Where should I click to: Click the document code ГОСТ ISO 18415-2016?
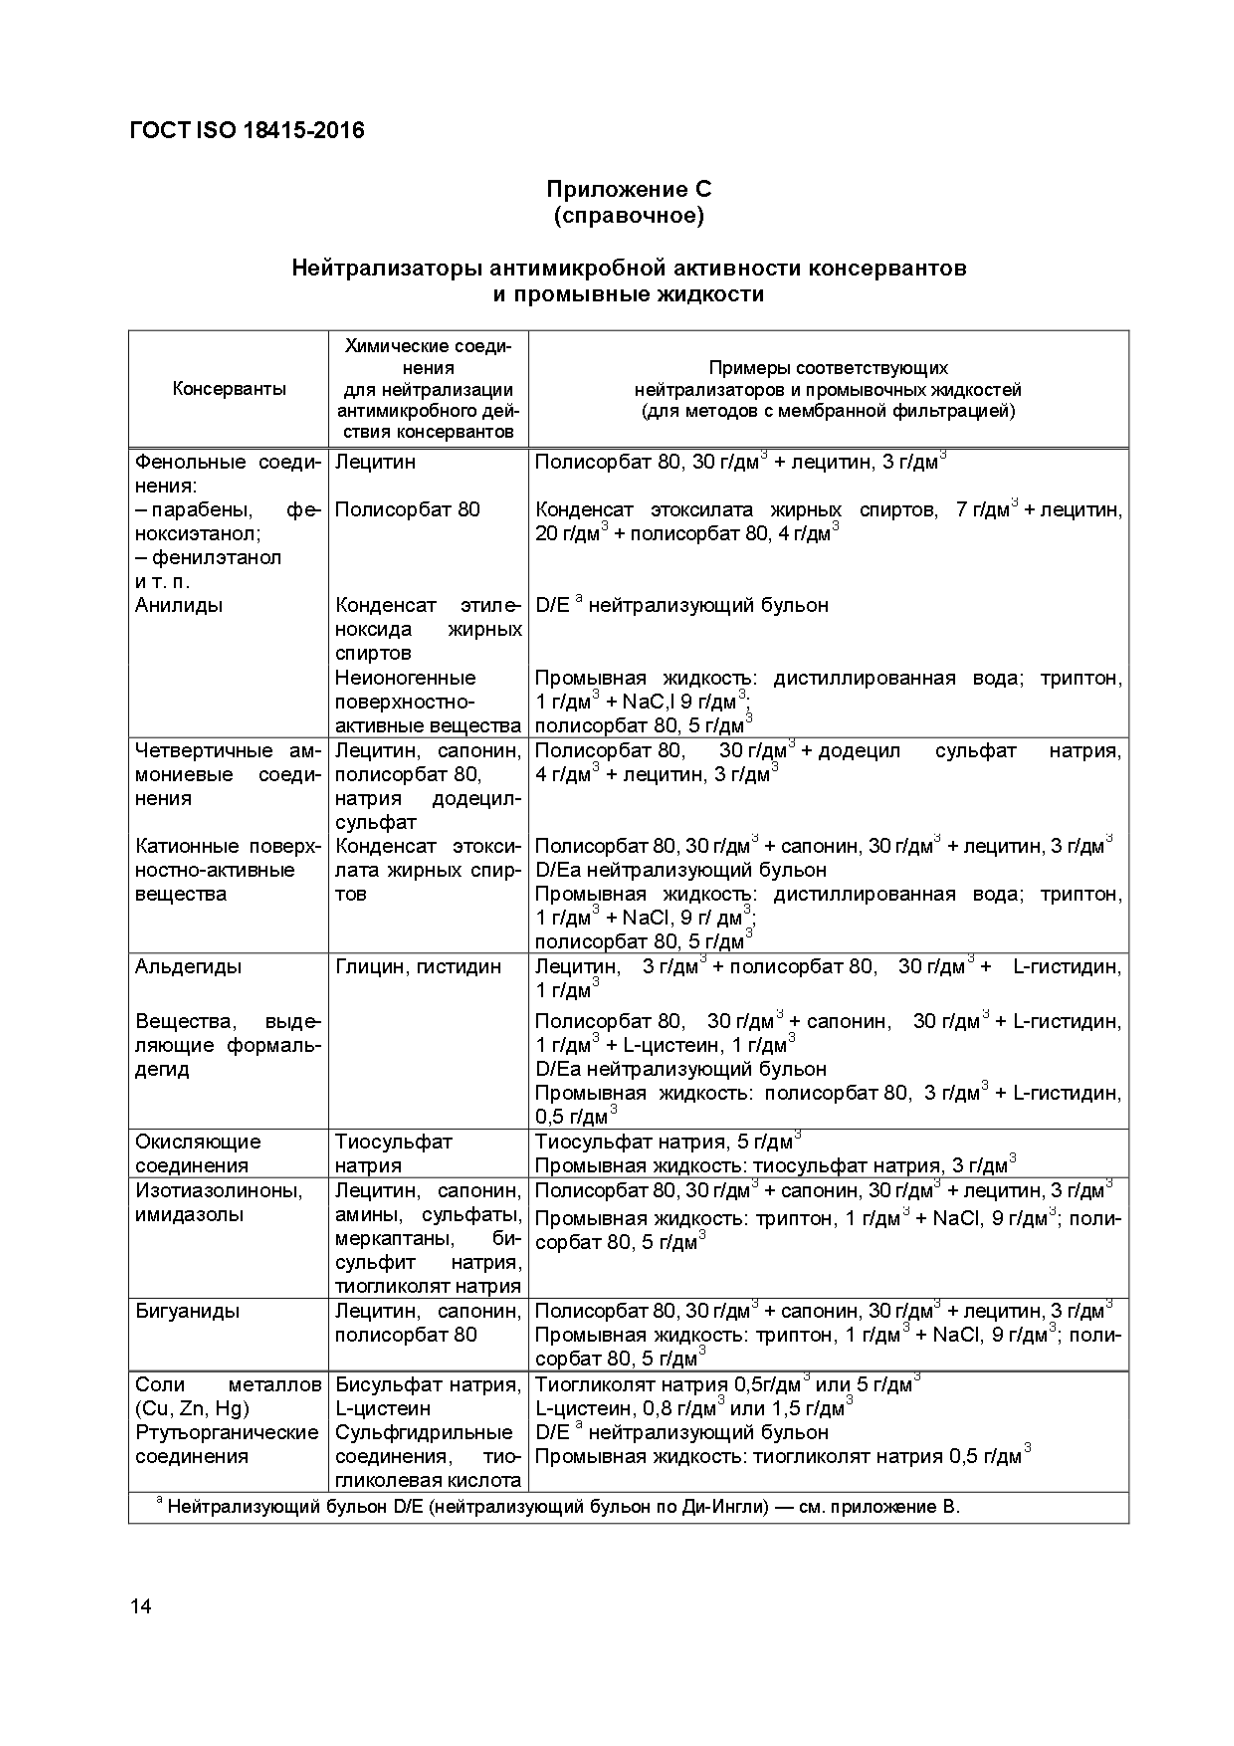pos(247,131)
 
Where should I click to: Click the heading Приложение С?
pos(629,189)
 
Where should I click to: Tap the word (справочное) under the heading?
pos(629,216)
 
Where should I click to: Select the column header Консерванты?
pos(229,389)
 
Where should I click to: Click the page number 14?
pos(141,1606)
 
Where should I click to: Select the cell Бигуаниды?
pos(187,1311)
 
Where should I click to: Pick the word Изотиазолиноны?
pos(219,1190)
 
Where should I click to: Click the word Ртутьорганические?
pos(226,1433)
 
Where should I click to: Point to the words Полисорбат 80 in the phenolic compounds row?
pos(408,510)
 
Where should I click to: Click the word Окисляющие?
pos(198,1141)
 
